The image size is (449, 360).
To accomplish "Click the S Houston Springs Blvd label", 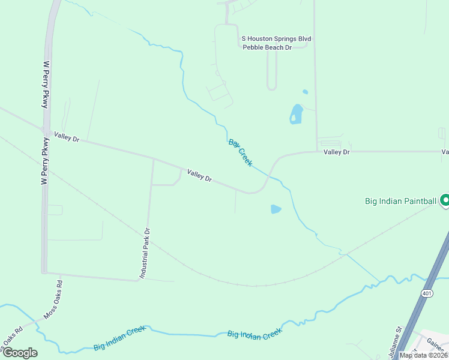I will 276,38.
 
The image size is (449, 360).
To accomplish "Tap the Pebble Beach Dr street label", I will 267,47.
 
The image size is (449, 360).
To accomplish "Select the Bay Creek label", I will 240,152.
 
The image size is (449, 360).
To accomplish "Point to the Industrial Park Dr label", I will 145,252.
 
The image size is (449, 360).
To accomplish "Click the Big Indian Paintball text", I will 400,201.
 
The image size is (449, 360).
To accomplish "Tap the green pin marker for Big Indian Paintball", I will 445,200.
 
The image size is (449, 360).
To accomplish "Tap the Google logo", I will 20,353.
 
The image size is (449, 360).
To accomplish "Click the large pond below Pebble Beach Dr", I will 296,113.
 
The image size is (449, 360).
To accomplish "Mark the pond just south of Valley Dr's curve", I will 276,209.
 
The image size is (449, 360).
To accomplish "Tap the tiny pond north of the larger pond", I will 305,92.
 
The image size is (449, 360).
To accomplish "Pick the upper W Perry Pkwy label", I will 45,84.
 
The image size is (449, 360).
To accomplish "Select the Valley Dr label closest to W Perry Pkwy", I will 67,137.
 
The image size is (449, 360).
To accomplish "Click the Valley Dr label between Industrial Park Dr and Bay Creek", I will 199,175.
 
